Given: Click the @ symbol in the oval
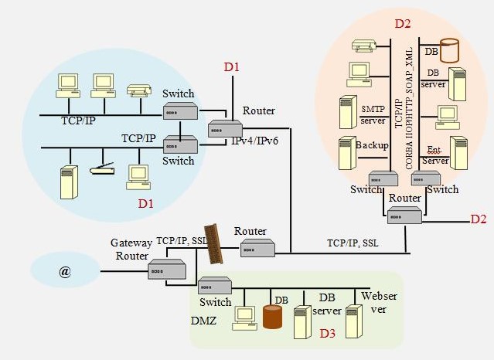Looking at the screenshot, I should tap(65, 273).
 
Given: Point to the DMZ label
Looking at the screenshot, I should tap(203, 319).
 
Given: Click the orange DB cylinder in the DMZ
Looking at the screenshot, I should tap(272, 316).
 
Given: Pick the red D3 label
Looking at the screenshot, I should tap(328, 335).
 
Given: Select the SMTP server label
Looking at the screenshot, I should tap(373, 114).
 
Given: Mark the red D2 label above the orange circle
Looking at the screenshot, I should tap(403, 23).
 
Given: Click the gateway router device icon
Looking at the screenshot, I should tap(168, 270).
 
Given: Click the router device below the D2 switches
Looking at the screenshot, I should tap(404, 216).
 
